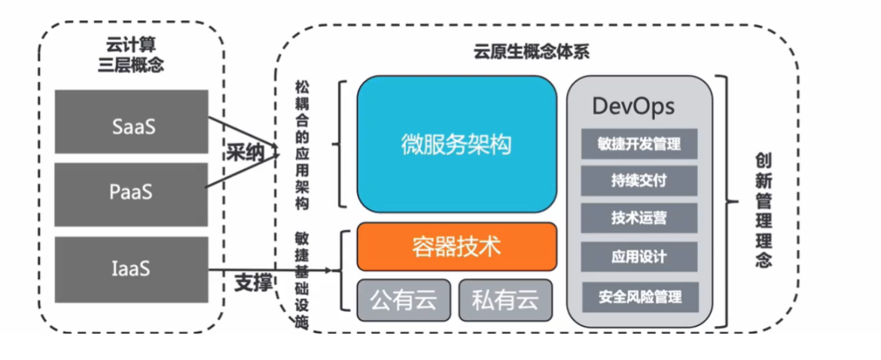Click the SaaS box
click(x=132, y=126)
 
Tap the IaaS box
click(x=132, y=270)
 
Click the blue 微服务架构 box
click(x=456, y=144)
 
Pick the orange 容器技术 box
click(x=456, y=246)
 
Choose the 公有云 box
click(x=404, y=300)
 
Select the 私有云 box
click(x=505, y=300)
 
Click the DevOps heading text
click(x=633, y=106)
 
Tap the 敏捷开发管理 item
click(x=639, y=144)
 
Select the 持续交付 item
click(x=639, y=181)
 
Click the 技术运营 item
click(x=639, y=218)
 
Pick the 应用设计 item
click(x=639, y=257)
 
